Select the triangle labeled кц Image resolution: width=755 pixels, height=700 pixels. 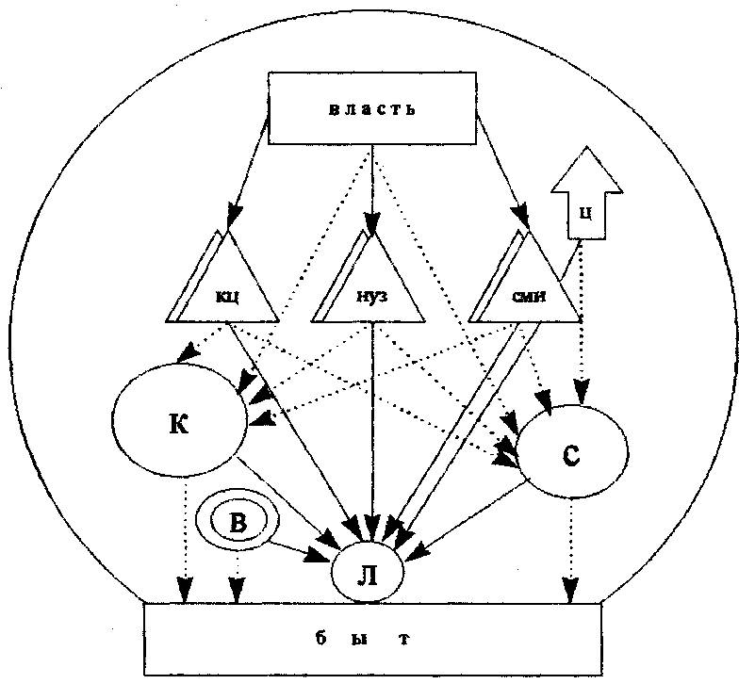(225, 288)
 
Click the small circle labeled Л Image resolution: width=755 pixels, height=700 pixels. (368, 571)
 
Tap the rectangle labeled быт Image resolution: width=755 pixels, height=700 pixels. (372, 638)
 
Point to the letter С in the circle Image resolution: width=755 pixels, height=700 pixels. (571, 454)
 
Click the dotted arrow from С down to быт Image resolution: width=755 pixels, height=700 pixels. (569, 551)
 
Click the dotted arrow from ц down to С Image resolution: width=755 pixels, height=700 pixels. (583, 320)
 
